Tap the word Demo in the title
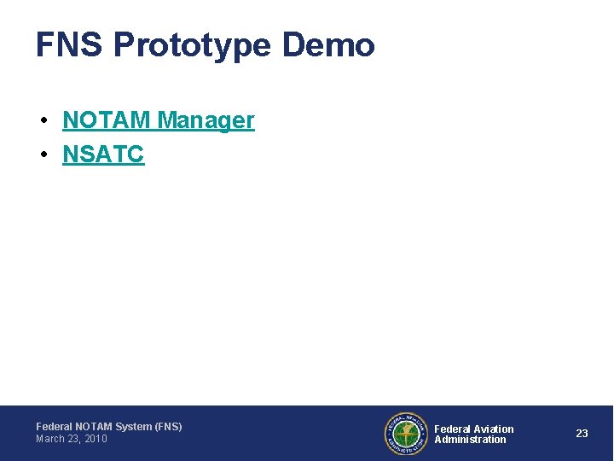(328, 45)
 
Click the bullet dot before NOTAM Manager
(43, 120)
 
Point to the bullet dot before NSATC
(43, 155)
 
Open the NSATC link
(103, 155)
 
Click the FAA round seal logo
(405, 434)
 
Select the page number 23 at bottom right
(582, 434)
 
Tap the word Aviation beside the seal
(494, 429)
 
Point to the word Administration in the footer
(470, 440)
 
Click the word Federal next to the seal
(453, 429)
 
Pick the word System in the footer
(133, 426)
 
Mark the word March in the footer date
(50, 439)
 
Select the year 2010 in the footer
(96, 439)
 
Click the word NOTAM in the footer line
(92, 426)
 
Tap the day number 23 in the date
(73, 439)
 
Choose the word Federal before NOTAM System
(54, 426)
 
